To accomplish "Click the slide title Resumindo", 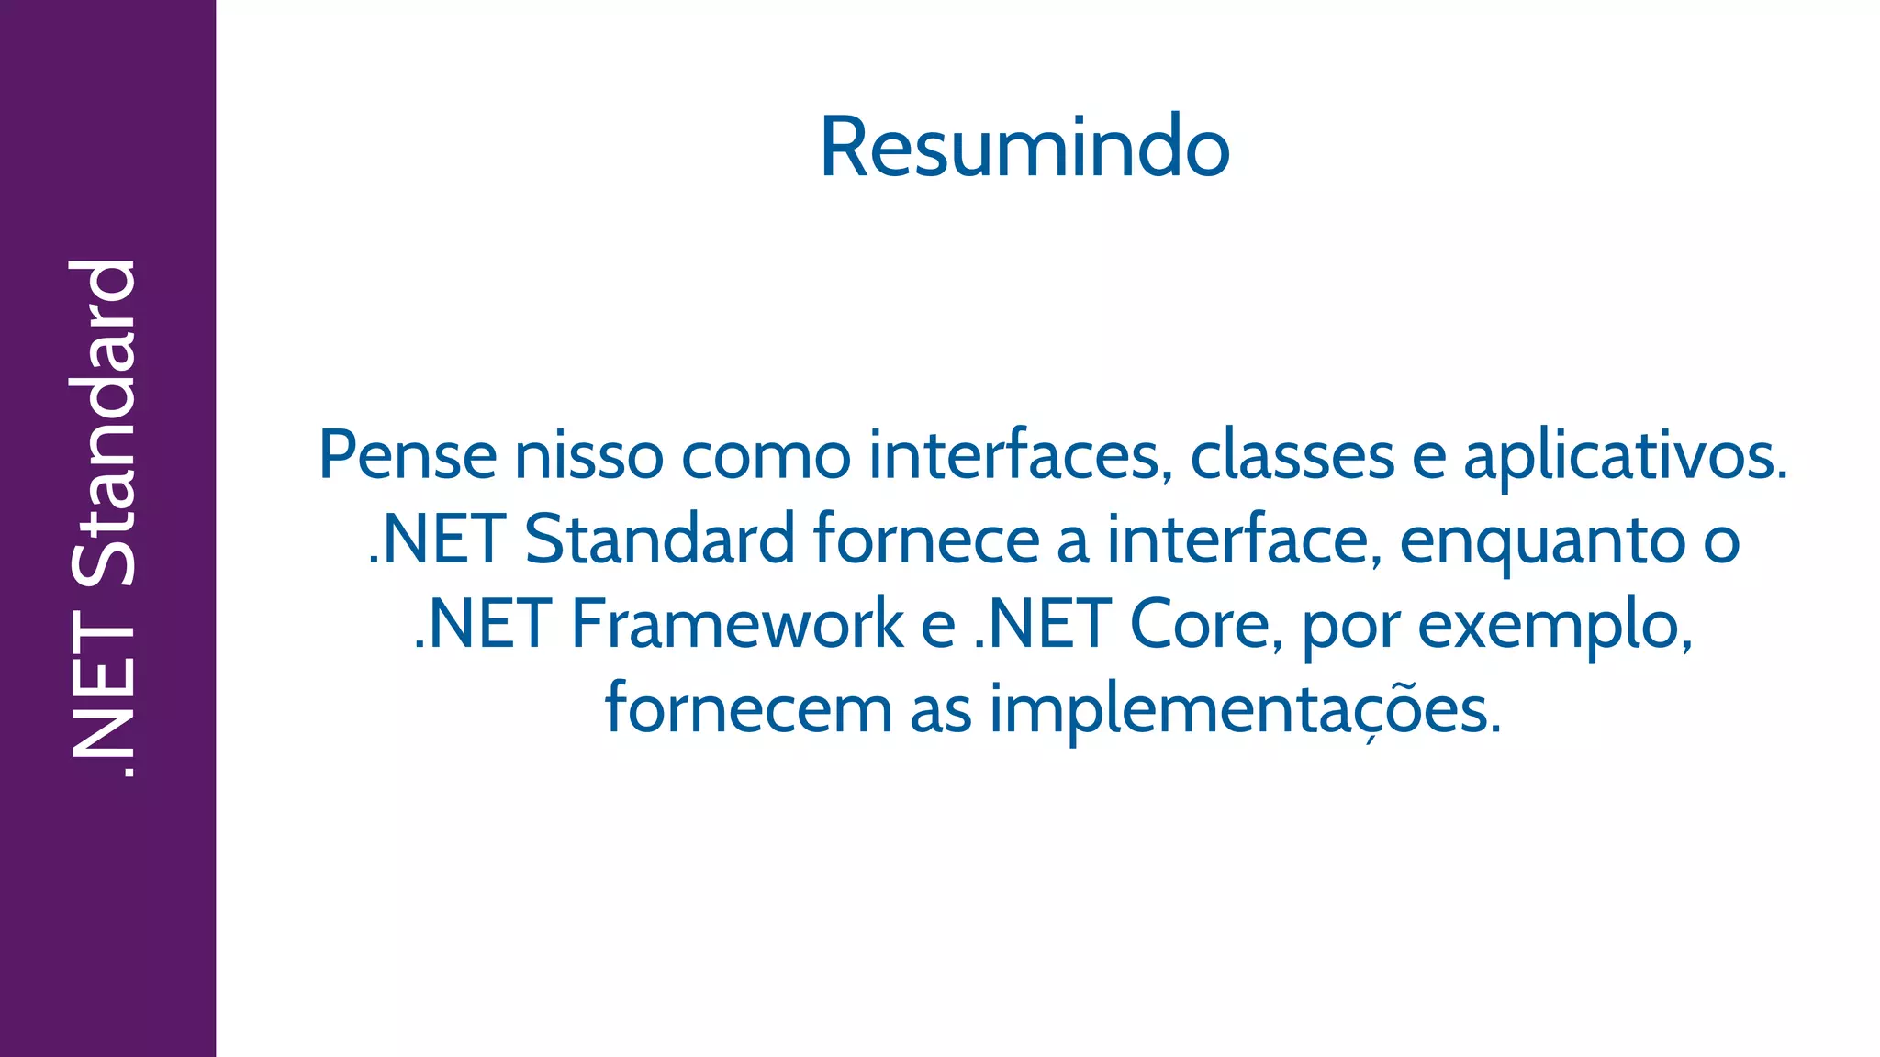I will tap(1024, 148).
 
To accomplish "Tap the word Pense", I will tap(408, 455).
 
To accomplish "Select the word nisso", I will tap(588, 455).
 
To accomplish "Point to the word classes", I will tap(1292, 455).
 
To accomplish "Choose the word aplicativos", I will tap(1625, 455).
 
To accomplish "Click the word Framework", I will tap(738, 624).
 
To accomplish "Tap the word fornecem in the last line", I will tap(748, 709).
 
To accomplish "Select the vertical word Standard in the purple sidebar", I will tap(104, 422).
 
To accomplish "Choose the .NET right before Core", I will tap(1043, 624).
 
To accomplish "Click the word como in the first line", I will tap(766, 455).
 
